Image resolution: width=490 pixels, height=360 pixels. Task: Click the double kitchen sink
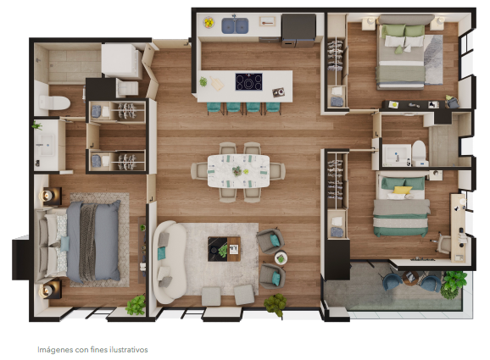point(235,25)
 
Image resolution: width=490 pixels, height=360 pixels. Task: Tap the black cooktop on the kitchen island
point(248,82)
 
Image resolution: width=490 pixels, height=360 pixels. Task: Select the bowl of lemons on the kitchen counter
point(209,23)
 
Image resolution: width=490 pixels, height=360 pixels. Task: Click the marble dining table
point(238,171)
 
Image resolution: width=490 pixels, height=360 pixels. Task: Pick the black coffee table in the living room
point(224,249)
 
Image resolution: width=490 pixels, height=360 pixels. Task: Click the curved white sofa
point(169,263)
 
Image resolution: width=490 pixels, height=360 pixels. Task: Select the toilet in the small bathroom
point(419,153)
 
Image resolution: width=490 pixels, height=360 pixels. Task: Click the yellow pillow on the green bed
point(402,190)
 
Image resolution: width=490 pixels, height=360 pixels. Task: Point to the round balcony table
point(410,278)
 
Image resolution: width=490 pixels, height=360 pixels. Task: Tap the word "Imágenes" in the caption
point(55,350)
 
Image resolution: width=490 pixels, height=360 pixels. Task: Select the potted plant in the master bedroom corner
point(136,304)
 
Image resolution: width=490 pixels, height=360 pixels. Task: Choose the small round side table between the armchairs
point(281,258)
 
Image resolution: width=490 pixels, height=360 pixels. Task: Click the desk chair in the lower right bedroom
point(443,242)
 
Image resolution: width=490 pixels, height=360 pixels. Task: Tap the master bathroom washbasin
point(46,145)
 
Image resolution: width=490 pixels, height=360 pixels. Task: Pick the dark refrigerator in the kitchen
point(298,30)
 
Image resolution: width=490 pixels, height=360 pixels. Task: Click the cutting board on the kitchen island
point(217,83)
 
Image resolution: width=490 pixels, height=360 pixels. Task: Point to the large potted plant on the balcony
point(453,284)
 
